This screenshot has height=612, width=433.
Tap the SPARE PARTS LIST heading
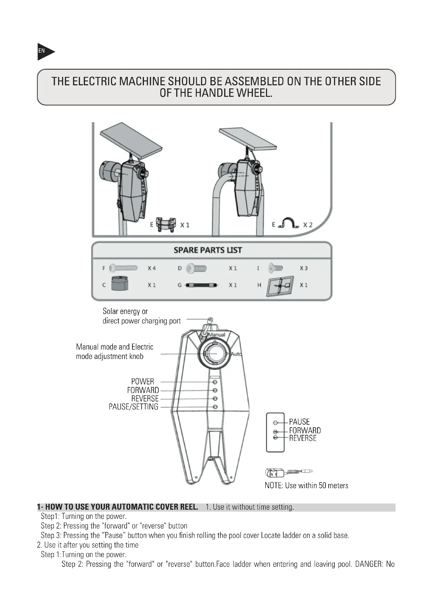208,250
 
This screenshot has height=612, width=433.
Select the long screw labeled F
124,268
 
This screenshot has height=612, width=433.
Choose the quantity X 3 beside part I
303,268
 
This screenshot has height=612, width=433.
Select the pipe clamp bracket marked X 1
166,224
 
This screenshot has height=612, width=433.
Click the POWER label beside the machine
142,381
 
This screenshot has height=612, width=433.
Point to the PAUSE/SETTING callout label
133,407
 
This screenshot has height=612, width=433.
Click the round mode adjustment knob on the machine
213,353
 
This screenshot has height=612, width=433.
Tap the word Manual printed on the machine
217,335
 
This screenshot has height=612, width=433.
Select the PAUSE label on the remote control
299,422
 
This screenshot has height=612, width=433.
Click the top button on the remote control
275,423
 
